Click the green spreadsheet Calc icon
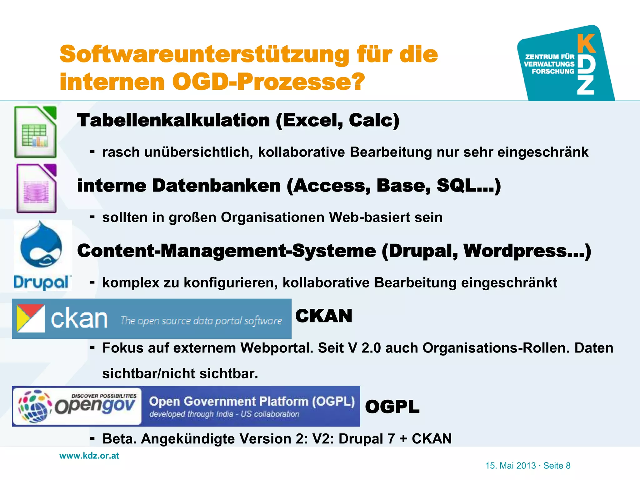coord(35,132)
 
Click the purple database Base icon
coord(37,188)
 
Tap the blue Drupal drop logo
coord(41,245)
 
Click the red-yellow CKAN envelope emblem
coord(30,318)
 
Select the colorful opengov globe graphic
coord(35,406)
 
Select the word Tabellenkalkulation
coord(173,120)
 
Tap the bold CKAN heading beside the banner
coord(323,316)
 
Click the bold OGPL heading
coord(392,407)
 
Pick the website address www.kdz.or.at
coord(89,456)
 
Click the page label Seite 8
coord(557,466)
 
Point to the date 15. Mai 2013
coord(510,466)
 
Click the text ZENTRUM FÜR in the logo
coord(550,57)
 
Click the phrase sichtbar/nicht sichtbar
coord(180,374)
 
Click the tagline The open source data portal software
coord(201,321)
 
